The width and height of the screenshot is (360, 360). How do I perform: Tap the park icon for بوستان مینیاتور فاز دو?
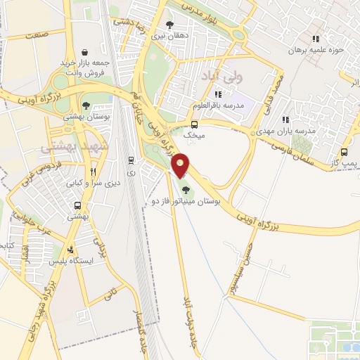[186, 189]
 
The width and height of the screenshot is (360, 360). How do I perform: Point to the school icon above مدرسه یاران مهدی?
[285, 120]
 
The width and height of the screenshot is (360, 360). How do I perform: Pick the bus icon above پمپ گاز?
[344, 152]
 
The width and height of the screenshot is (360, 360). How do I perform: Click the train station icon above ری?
[131, 160]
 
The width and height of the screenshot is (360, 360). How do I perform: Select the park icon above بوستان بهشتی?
[86, 105]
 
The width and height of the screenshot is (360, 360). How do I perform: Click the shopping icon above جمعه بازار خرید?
[84, 51]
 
